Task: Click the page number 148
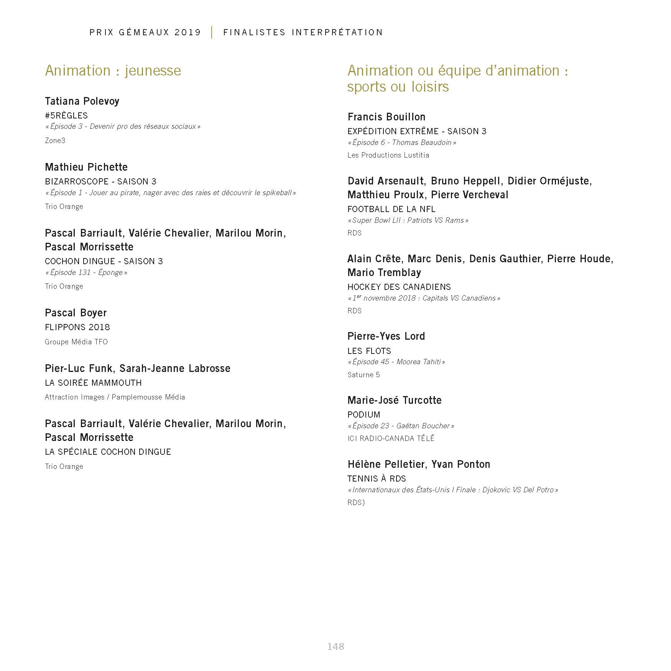pos(336,646)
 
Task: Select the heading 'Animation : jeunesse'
pos(113,71)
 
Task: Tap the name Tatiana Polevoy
pos(82,101)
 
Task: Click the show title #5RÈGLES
pos(66,115)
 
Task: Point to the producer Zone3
pos(55,140)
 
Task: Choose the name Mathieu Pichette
pos(86,167)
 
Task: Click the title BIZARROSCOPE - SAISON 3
pos(100,181)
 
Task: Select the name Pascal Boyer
pos(76,313)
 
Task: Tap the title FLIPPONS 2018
pos(77,327)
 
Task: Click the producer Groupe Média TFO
pos(76,342)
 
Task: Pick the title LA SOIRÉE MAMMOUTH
pos(93,383)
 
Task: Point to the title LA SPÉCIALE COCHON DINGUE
pos(108,452)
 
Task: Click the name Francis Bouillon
pos(386,117)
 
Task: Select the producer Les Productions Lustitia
pos(388,155)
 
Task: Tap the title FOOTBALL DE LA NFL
pos(391,209)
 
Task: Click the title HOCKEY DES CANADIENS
pos(399,287)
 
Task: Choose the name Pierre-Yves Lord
pos(386,336)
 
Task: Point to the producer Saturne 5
pos(363,375)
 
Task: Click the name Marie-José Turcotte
pos(395,400)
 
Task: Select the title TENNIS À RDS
pos(377,479)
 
